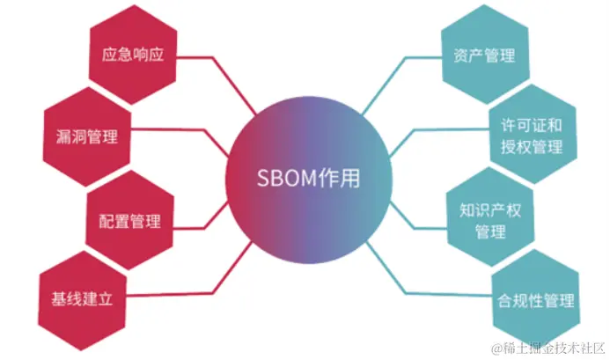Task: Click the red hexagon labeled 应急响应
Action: click(134, 55)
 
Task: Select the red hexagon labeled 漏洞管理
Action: click(86, 136)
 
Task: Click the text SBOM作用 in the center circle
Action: click(305, 177)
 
